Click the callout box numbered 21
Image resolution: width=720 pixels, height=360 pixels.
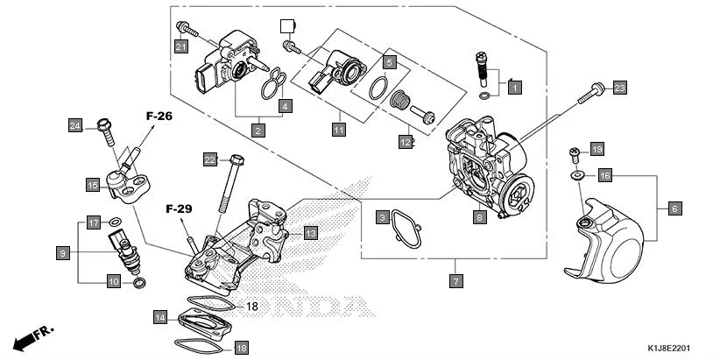click(180, 46)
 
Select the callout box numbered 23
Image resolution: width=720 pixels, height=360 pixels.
click(619, 88)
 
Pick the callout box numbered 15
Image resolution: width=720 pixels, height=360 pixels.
click(92, 185)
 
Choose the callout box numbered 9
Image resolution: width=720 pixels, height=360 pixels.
click(62, 253)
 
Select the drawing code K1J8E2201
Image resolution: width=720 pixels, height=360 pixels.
click(675, 348)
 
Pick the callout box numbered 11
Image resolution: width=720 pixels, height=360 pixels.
click(337, 130)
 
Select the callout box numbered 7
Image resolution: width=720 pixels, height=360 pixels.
click(455, 281)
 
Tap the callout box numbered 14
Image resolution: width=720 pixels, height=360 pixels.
click(159, 316)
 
